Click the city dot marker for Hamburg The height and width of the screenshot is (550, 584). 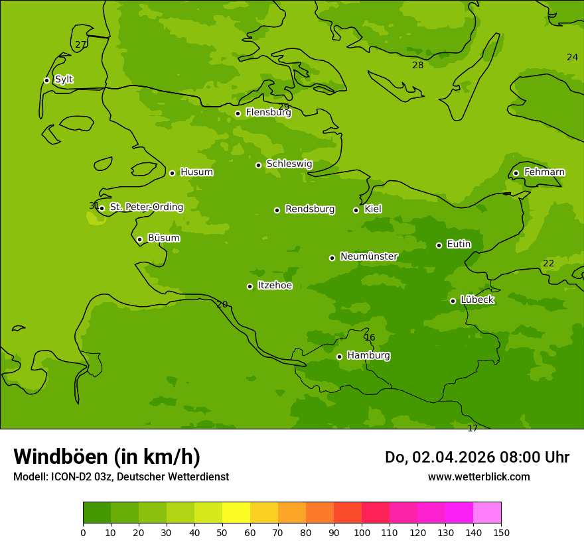click(x=339, y=357)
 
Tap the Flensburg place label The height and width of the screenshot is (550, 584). click(x=268, y=113)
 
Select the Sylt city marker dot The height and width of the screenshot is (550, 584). click(x=46, y=80)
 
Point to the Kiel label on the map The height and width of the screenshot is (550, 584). click(x=373, y=209)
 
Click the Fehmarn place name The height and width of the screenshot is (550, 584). click(x=544, y=172)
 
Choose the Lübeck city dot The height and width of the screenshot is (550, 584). click(x=453, y=301)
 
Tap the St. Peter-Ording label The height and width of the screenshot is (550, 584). click(x=146, y=207)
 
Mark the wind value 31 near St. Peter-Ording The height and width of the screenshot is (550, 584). click(x=94, y=206)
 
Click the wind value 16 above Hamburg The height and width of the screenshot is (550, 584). click(x=370, y=338)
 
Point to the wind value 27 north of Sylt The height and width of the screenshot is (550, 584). click(x=80, y=45)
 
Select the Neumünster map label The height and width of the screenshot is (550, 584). click(x=369, y=256)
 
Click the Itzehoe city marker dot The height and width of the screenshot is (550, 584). click(x=250, y=286)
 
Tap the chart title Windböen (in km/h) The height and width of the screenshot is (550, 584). click(x=107, y=457)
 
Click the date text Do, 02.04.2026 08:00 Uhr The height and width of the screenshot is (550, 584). click(x=476, y=457)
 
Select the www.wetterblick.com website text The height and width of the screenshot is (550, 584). click(x=478, y=477)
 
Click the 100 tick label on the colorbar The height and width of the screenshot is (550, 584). click(x=362, y=533)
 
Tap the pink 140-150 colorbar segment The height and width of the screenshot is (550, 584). click(x=487, y=513)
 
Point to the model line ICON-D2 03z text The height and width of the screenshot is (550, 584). click(x=121, y=477)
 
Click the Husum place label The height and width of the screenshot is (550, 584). click(x=196, y=172)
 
